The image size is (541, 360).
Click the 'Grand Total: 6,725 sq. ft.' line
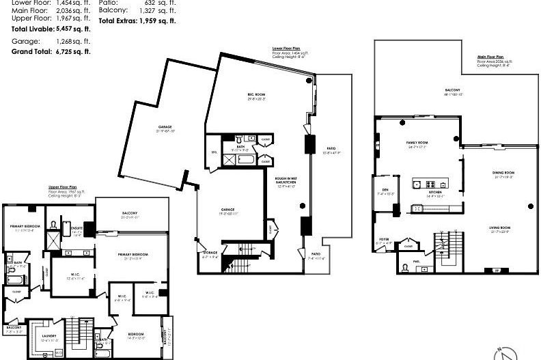coord(51,51)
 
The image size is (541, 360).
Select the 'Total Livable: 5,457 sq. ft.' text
coord(51,29)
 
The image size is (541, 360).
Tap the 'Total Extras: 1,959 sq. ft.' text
coord(139,21)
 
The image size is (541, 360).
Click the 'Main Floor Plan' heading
coord(491,57)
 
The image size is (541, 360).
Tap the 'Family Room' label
coord(416,142)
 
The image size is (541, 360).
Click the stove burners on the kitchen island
coord(430,184)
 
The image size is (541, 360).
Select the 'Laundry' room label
coord(49,335)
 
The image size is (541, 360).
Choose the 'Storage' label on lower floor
coord(209,254)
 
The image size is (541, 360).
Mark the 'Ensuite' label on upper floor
coord(77,229)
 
